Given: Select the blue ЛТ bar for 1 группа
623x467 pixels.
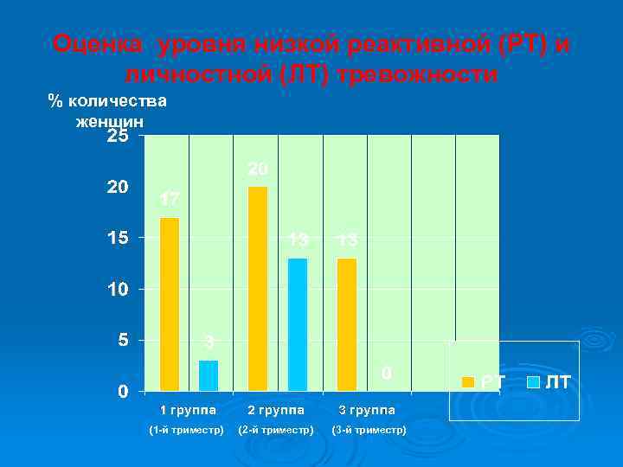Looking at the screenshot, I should [x=209, y=375].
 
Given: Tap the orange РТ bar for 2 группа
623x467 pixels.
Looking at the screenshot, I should [x=258, y=289].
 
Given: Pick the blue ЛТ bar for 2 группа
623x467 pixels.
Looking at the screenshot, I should [x=298, y=324].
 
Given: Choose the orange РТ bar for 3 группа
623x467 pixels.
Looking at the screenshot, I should [x=347, y=324].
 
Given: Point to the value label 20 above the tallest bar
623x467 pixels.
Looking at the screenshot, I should [x=258, y=169].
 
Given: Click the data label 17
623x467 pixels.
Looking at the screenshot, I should [x=170, y=200].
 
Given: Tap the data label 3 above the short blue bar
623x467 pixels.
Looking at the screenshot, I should [x=209, y=342].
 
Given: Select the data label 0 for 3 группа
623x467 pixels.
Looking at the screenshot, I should [x=388, y=373].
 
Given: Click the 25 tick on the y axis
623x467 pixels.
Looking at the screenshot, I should [x=118, y=137].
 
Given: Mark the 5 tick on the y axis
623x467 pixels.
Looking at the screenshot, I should [x=123, y=340].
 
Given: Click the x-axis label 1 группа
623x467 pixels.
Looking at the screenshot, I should [x=187, y=410].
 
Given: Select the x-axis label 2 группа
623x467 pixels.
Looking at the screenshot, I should [x=276, y=410].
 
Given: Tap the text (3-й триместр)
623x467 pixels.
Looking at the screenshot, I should [x=366, y=430].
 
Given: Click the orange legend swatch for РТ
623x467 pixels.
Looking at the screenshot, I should [x=468, y=381].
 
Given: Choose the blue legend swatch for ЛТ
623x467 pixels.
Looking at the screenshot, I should [x=534, y=381].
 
